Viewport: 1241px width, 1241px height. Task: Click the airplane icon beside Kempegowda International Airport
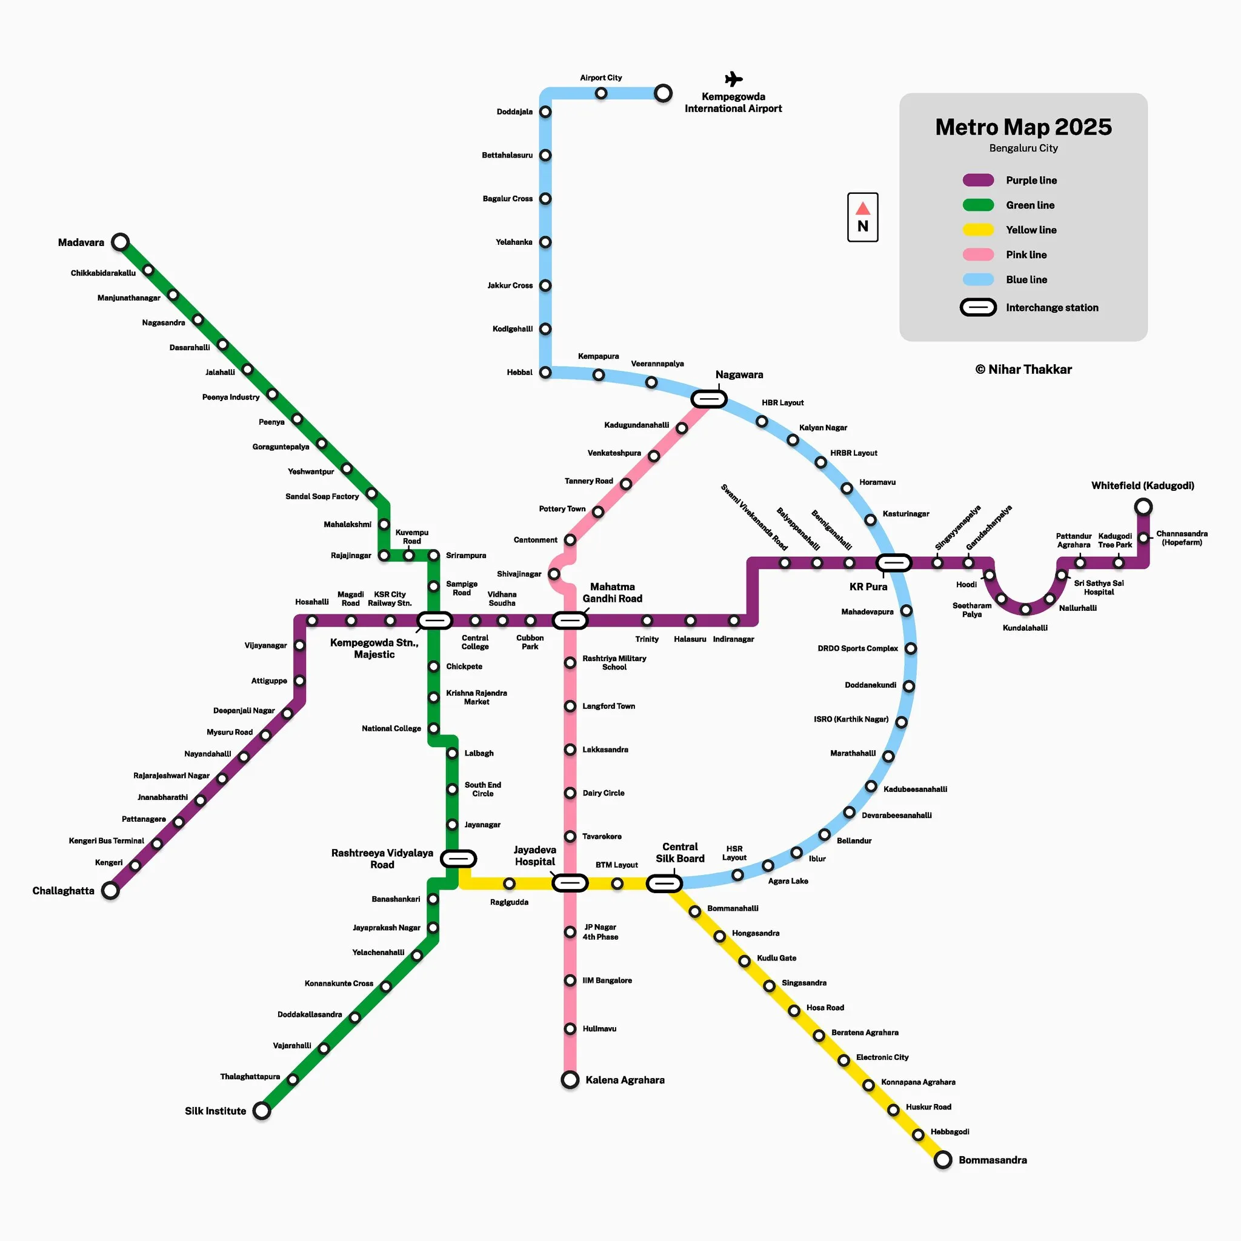pos(734,79)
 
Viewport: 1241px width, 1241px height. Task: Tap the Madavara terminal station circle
pos(120,242)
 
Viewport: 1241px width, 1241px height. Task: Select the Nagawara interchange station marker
pos(709,399)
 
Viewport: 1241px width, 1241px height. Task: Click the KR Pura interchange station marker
pos(894,563)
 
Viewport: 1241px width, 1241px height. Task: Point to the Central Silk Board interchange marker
pos(664,883)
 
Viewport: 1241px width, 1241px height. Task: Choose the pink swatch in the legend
pos(977,255)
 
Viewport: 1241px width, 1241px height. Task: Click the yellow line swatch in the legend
pos(977,230)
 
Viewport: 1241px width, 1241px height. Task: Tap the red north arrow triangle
pos(863,208)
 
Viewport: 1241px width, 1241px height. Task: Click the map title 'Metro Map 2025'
pos(1023,127)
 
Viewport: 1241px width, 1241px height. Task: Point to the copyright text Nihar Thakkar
pos(1023,370)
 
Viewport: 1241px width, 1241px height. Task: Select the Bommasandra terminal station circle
pos(942,1159)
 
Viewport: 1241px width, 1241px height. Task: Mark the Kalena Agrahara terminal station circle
pos(570,1080)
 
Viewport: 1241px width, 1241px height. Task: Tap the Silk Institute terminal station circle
pos(261,1111)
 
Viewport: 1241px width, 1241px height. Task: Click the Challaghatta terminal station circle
pos(110,890)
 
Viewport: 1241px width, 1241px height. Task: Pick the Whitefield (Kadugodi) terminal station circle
pos(1143,507)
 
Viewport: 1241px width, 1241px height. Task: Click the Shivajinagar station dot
pos(554,574)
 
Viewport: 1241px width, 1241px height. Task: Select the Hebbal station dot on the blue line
pos(545,373)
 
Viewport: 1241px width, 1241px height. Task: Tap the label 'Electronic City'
pos(882,1057)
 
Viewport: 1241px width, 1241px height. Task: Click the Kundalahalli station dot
pos(1025,609)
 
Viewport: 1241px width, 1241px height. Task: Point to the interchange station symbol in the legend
pos(977,308)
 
